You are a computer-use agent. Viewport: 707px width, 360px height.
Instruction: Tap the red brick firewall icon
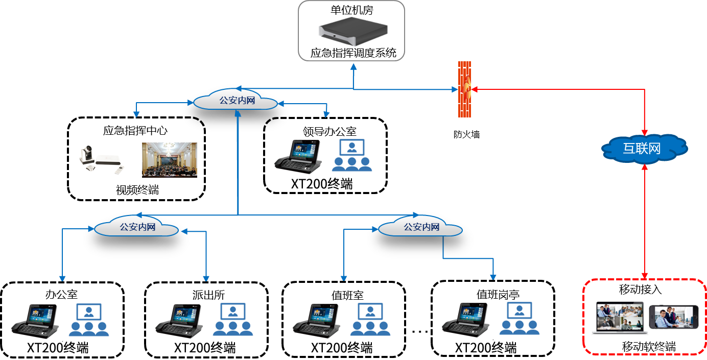click(x=464, y=89)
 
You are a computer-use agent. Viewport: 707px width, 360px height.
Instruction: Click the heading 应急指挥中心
click(x=135, y=131)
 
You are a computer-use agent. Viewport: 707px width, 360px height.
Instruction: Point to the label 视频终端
click(x=137, y=190)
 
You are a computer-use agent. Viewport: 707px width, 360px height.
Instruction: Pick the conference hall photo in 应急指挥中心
click(x=169, y=160)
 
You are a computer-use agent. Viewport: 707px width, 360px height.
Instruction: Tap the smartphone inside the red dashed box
click(x=674, y=317)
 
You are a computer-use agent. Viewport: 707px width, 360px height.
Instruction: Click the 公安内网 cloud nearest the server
click(x=235, y=100)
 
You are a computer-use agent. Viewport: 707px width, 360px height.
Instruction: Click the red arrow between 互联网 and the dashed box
click(x=645, y=220)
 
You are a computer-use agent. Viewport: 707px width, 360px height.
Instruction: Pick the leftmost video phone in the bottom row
click(x=35, y=321)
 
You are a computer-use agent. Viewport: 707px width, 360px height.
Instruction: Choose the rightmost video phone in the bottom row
click(x=466, y=320)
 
